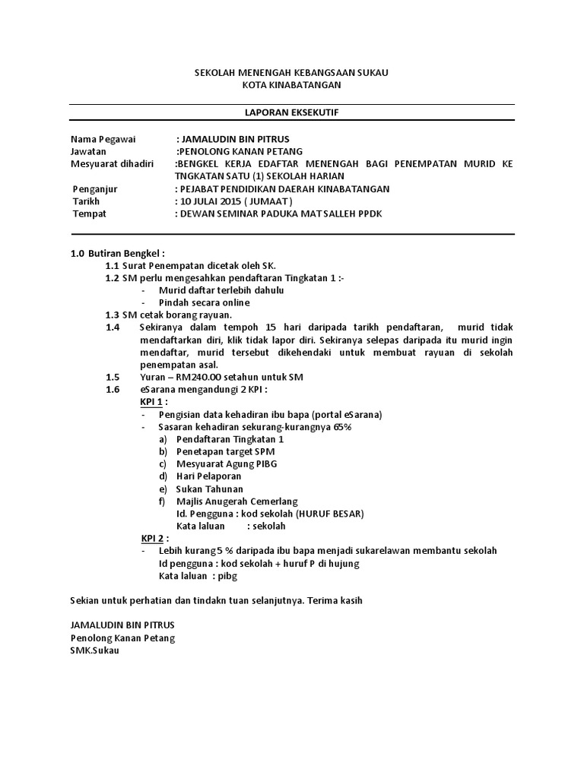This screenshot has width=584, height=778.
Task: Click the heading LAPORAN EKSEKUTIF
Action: tap(291, 112)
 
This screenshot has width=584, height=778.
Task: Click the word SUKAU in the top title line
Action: tap(371, 72)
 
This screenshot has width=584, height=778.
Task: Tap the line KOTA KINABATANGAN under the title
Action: tap(291, 85)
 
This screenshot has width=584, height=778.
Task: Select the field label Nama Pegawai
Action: tap(97, 139)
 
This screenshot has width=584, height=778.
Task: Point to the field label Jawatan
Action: tap(87, 151)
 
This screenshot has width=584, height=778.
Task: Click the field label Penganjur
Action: tap(95, 188)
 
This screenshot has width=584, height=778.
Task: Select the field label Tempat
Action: tap(89, 213)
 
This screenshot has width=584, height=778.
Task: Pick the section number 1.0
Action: tap(77, 253)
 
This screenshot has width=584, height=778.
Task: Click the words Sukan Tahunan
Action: tap(209, 489)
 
